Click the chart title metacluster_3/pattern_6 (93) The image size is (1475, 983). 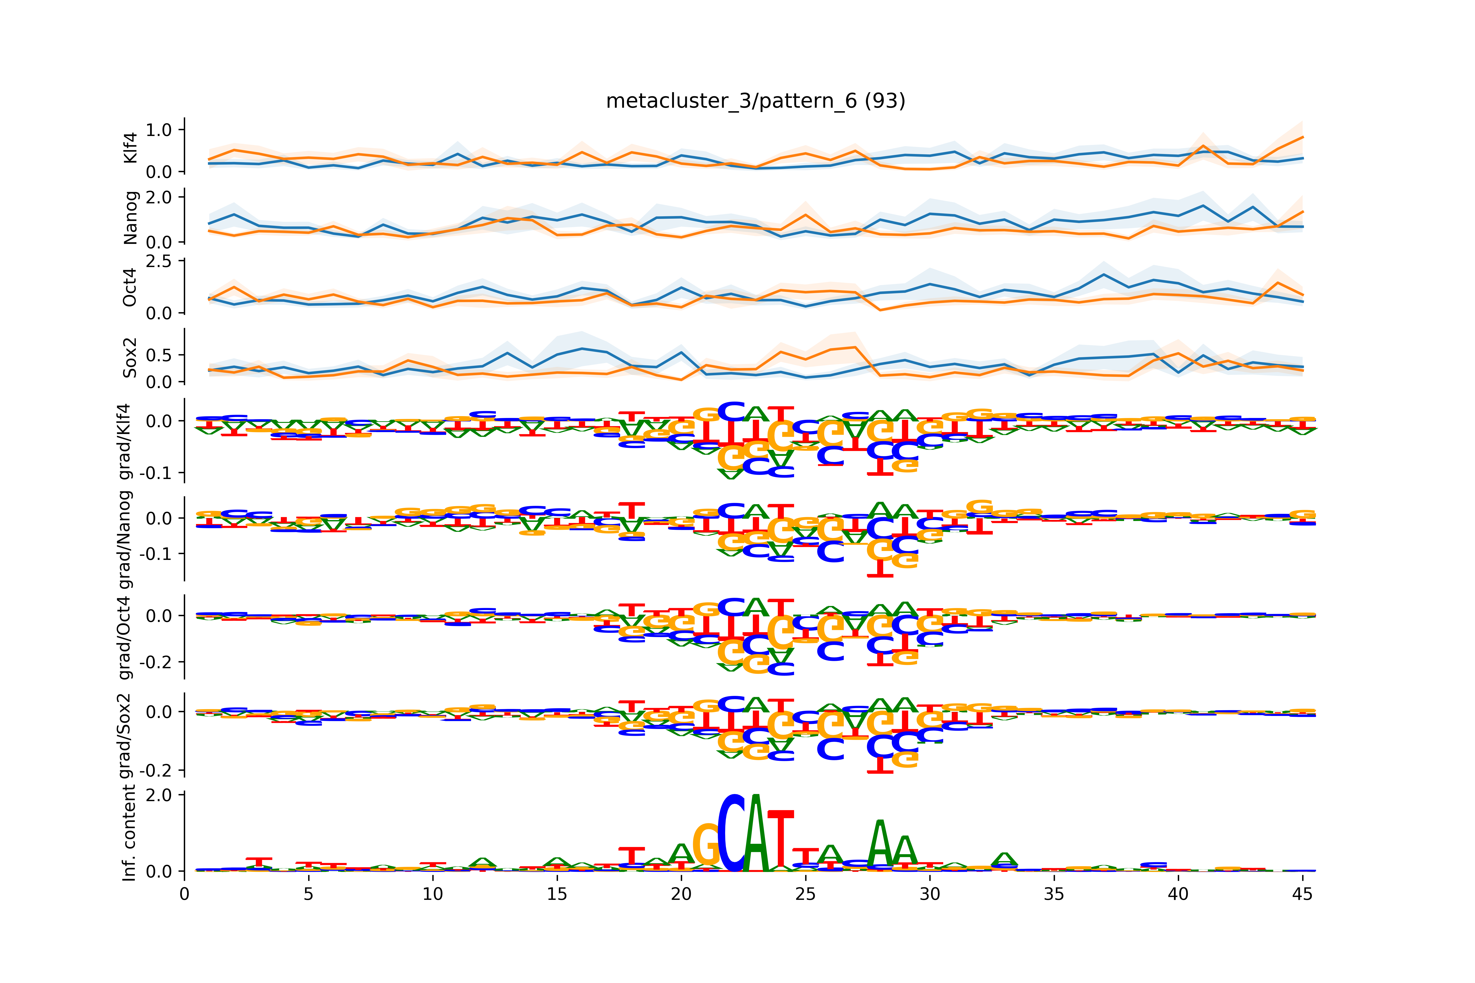(x=755, y=101)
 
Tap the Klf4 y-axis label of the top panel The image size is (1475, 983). (x=130, y=148)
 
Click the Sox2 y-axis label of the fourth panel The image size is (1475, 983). (x=130, y=357)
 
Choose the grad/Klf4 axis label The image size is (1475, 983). (x=125, y=441)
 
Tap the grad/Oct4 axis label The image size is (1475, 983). (x=125, y=637)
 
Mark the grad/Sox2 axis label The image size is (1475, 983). (x=125, y=735)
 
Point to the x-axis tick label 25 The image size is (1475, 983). (x=805, y=894)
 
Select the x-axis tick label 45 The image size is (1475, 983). (x=1302, y=894)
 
